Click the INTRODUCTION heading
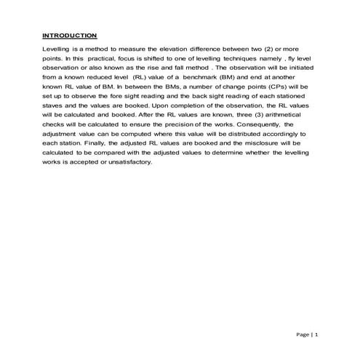69,35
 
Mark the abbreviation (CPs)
271,87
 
